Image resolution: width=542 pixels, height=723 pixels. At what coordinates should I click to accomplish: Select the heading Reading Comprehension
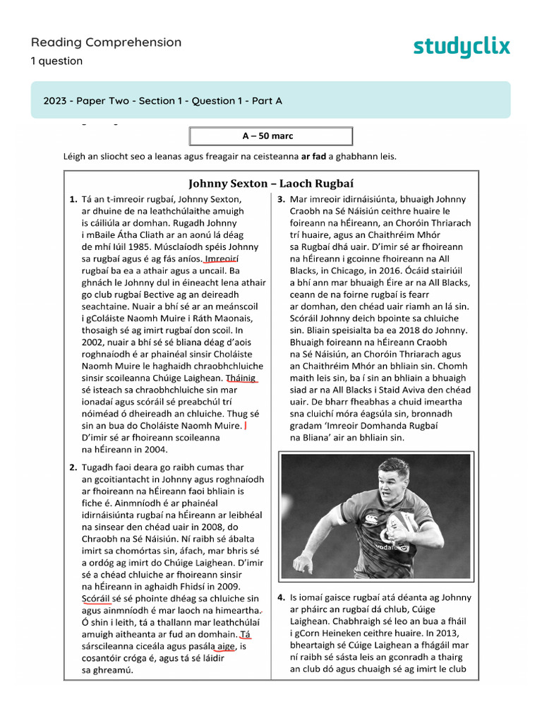(106, 42)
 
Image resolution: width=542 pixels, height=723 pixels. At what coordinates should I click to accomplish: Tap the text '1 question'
(56, 61)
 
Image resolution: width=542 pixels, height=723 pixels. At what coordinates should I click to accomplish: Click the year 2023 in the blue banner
(55, 101)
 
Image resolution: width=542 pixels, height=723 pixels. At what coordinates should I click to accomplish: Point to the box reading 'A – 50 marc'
(272, 136)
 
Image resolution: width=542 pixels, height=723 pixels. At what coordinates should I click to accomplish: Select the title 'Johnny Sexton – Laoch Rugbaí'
(272, 184)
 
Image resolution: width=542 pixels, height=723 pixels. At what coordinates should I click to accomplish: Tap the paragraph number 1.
(73, 200)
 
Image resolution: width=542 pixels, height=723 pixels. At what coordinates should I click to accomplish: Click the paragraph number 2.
(73, 467)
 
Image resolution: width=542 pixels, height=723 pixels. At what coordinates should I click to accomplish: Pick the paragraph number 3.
(281, 200)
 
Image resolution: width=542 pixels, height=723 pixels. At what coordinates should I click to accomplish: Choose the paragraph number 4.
(281, 597)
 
